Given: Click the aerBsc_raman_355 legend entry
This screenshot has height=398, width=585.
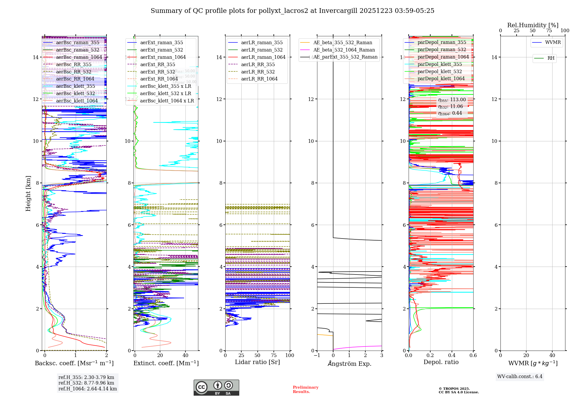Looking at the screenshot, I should [78, 43].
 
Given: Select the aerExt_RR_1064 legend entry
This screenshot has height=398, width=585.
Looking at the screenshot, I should [159, 79].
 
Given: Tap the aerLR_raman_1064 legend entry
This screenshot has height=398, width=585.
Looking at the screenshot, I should [263, 57].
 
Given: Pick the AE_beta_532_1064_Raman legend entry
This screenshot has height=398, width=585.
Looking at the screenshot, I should [344, 50].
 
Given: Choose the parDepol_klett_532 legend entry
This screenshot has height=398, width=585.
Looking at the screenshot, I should [439, 72].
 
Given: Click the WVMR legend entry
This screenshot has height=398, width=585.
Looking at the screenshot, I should [553, 42].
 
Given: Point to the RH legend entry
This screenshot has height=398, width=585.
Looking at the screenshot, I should [551, 58].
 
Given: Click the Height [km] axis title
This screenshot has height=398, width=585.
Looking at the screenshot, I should [28, 193].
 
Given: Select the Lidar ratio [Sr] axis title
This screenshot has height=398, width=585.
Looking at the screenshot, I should [257, 362].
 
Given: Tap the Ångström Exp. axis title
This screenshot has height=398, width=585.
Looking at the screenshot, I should [349, 364].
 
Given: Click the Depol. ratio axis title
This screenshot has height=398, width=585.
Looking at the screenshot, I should [441, 362].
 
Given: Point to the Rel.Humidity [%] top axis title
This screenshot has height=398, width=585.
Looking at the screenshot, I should [533, 25].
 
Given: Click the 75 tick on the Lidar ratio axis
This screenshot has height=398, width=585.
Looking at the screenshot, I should [274, 356].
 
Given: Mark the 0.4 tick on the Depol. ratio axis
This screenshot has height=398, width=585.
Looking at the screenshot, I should [452, 356].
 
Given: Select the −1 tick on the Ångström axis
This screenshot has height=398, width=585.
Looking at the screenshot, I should [317, 356].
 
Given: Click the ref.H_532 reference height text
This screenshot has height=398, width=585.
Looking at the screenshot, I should [86, 383].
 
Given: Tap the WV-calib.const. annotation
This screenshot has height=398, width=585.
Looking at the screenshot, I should [520, 377].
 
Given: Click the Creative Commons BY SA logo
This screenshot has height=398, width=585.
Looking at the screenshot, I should [216, 387].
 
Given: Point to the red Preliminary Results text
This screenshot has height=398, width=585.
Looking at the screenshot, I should [305, 390].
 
